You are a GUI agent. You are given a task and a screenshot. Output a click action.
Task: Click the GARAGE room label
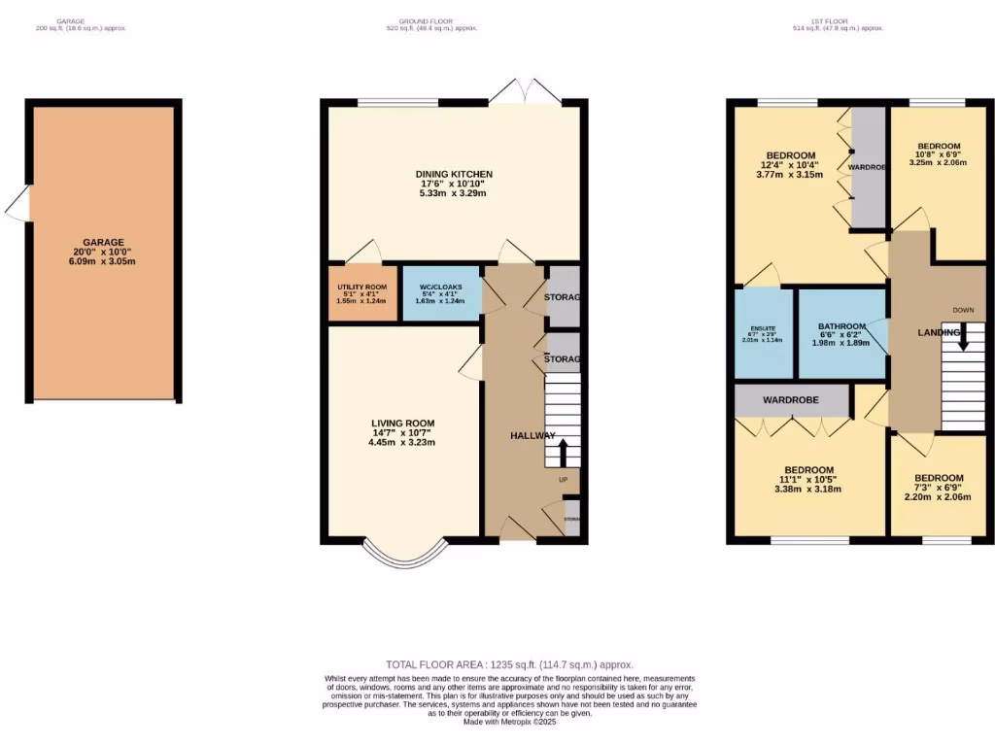click(x=103, y=242)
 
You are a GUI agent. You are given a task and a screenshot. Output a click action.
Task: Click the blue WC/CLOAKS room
click(x=441, y=293)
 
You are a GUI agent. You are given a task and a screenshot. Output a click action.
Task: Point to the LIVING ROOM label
click(x=402, y=424)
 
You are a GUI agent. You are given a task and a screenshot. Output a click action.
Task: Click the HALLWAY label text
click(x=533, y=436)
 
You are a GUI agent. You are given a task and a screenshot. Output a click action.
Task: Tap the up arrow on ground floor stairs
click(x=561, y=452)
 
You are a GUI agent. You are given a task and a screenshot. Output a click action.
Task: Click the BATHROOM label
click(x=841, y=326)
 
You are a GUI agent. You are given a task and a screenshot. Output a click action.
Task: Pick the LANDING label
click(x=939, y=333)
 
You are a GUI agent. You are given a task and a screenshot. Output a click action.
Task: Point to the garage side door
click(x=17, y=205)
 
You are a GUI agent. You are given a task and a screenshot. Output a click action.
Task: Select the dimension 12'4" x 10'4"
click(x=790, y=165)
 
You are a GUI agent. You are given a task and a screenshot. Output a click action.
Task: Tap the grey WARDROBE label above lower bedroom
click(x=790, y=400)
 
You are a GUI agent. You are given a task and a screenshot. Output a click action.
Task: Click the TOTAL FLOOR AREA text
click(x=497, y=664)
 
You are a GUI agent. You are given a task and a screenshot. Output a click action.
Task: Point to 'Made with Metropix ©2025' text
click(x=497, y=722)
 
